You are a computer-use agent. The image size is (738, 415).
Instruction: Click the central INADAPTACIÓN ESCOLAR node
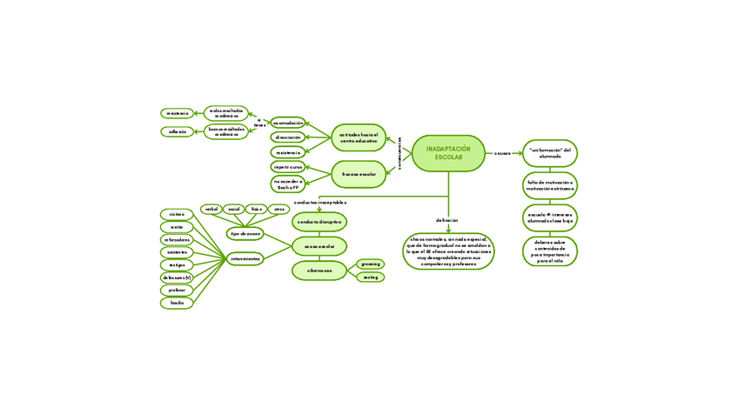click(x=448, y=153)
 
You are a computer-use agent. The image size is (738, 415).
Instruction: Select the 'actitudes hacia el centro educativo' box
click(x=359, y=137)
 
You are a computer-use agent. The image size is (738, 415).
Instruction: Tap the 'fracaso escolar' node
click(x=359, y=174)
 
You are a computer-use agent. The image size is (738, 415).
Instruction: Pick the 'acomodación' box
click(x=287, y=123)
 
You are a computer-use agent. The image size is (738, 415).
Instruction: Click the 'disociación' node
click(x=287, y=137)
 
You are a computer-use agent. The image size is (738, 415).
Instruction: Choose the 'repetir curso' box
click(x=287, y=166)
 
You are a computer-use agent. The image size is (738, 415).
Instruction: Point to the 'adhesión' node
click(x=178, y=132)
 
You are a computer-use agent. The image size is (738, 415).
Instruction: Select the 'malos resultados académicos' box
click(x=226, y=113)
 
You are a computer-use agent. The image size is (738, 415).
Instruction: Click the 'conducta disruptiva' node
click(x=319, y=223)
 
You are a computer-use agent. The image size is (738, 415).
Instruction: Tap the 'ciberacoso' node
click(x=319, y=271)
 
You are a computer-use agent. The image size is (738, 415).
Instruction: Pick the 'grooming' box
click(x=370, y=264)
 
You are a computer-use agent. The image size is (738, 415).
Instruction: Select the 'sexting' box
click(x=370, y=278)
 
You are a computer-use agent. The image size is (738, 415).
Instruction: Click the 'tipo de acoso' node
click(x=245, y=234)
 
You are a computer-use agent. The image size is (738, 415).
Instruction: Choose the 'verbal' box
click(x=211, y=209)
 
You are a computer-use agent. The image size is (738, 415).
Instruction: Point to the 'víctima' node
click(x=177, y=214)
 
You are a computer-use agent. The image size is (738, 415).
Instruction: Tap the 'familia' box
click(x=177, y=303)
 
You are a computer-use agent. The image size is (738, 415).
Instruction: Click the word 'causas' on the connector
click(x=502, y=153)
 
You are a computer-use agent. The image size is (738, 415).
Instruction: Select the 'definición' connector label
click(x=447, y=221)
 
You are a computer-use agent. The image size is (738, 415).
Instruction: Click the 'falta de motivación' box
click(x=549, y=185)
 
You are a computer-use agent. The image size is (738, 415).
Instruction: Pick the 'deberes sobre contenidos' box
click(x=549, y=251)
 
